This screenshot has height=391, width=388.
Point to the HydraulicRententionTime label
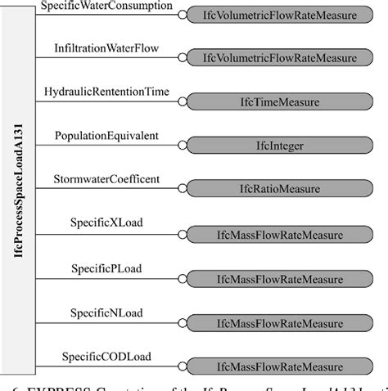click(x=106, y=92)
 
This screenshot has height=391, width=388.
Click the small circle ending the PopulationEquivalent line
click(x=183, y=146)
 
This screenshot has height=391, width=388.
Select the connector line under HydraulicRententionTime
click(x=106, y=101)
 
